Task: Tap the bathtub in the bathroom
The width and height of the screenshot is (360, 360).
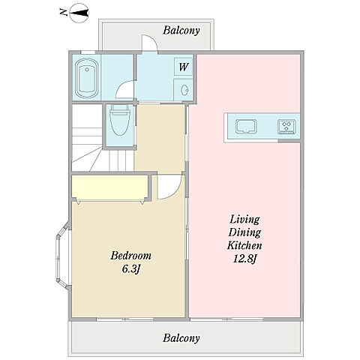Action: tap(87, 78)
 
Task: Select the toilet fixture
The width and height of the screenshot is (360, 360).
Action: tap(120, 120)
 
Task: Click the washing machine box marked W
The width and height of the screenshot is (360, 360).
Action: tap(183, 67)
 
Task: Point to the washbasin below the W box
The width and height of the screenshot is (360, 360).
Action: tap(184, 90)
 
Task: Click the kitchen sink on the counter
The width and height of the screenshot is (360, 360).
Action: tap(246, 126)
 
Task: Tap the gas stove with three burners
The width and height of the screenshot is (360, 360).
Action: tap(286, 126)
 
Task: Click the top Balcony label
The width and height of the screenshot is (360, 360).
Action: tap(181, 31)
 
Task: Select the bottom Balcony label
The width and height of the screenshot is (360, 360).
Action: tap(181, 338)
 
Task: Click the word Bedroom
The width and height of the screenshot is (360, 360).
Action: tap(131, 256)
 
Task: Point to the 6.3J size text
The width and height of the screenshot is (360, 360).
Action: tap(130, 269)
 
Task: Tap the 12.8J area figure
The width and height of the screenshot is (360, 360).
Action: tap(244, 259)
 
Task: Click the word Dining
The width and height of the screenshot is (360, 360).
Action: tap(244, 232)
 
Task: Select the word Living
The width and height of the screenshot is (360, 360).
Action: tap(244, 220)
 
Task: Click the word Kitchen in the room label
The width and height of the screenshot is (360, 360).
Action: tap(244, 245)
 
